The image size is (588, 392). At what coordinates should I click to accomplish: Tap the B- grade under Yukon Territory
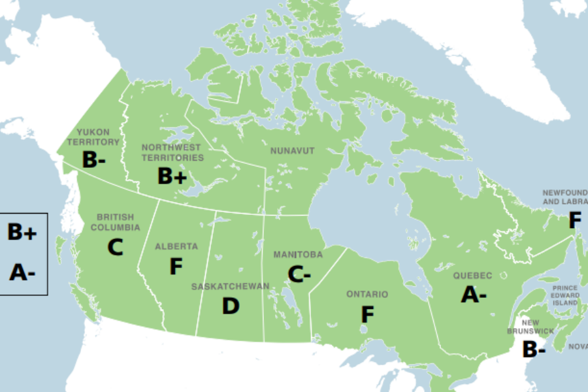[x=93, y=159]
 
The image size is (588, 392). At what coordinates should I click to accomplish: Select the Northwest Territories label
[x=172, y=152]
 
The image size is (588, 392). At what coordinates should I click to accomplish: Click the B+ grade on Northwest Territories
[x=172, y=176]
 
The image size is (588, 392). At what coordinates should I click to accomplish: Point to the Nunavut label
[x=292, y=151]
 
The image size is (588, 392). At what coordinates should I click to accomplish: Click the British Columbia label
[x=115, y=222]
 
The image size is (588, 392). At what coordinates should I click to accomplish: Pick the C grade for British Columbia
[x=116, y=247]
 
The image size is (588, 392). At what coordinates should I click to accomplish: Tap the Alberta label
[x=176, y=246]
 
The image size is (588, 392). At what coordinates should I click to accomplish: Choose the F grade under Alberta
[x=176, y=267]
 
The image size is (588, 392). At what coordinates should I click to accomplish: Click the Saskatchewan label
[x=230, y=287]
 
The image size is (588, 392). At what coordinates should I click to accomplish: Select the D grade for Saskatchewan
[x=231, y=306]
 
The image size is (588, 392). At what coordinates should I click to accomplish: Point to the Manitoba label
[x=298, y=253]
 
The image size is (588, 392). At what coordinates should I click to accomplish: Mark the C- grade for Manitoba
[x=299, y=274]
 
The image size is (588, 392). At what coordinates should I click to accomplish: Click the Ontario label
[x=367, y=295]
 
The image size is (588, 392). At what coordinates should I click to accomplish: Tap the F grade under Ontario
[x=368, y=315]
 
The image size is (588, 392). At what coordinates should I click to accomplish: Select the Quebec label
[x=472, y=275]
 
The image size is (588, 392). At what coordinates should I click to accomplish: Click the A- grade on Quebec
[x=474, y=295]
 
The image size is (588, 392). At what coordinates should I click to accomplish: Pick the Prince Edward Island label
[x=564, y=295]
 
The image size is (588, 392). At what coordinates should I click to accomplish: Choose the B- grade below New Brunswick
[x=533, y=350]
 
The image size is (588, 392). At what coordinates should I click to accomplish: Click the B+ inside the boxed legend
[x=22, y=232]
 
